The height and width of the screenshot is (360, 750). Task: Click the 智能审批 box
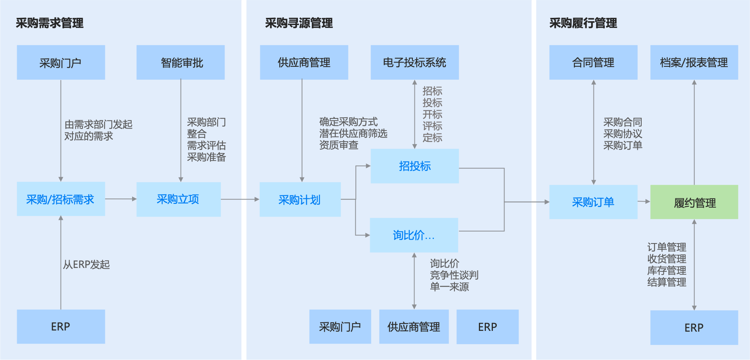point(181,63)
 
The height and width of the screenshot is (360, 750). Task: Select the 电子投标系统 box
point(414,63)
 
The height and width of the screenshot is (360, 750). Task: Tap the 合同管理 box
point(593,63)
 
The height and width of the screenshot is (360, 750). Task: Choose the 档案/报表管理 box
point(694,63)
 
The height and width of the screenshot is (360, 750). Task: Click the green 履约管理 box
point(694,202)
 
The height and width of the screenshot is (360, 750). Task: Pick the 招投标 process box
point(414,166)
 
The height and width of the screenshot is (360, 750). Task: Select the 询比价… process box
point(414,235)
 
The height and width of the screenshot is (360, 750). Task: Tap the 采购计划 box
point(300,199)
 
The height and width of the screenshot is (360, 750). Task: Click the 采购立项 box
point(178,199)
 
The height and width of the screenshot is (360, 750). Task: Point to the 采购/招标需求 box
point(61,199)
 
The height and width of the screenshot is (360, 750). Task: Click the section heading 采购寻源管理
point(299,23)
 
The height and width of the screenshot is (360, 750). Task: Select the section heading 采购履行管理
point(583,23)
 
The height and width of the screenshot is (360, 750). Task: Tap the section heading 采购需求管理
point(50,23)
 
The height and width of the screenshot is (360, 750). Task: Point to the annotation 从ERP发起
point(87,264)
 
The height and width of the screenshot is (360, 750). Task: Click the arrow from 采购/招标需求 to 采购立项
point(120,199)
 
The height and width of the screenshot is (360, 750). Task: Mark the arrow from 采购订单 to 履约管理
point(644,202)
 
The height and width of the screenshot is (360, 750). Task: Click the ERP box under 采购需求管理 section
point(61,327)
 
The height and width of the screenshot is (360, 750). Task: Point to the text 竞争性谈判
point(454,275)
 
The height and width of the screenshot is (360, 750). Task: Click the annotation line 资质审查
point(339,145)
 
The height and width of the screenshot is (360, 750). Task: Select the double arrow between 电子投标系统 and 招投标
point(414,114)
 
